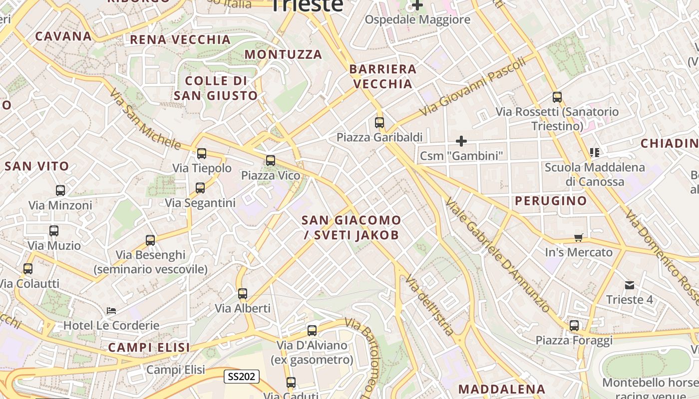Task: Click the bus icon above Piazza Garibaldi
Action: coord(379,122)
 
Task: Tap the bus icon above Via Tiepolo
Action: coord(202,154)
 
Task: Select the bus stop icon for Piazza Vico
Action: coord(271,161)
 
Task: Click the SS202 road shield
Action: coord(241,377)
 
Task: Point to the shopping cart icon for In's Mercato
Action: coord(579,237)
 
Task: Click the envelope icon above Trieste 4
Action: coord(630,285)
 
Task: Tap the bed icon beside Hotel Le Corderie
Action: coord(111,311)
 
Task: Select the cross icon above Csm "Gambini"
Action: coord(461,141)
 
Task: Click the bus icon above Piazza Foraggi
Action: coord(574,326)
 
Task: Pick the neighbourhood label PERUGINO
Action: coord(551,201)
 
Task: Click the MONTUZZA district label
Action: coord(284,54)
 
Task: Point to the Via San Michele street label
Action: coord(145,120)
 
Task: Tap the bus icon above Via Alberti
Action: coord(243,294)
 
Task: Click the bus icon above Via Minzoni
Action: coord(60,191)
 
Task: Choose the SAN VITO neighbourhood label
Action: coord(36,167)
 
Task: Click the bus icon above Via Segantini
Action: coord(200,188)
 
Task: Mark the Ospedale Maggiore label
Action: coord(417,20)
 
